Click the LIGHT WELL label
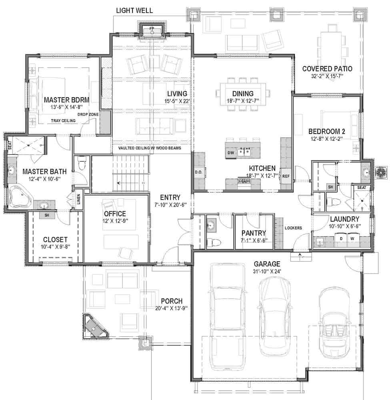(x=134, y=10)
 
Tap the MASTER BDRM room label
(x=66, y=99)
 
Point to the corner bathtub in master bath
(x=19, y=196)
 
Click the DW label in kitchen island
(x=231, y=153)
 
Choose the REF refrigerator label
(x=286, y=176)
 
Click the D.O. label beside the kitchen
(x=198, y=172)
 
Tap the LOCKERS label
(x=293, y=228)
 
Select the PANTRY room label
(x=254, y=233)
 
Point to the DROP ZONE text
(x=88, y=114)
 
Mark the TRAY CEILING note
(x=64, y=120)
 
